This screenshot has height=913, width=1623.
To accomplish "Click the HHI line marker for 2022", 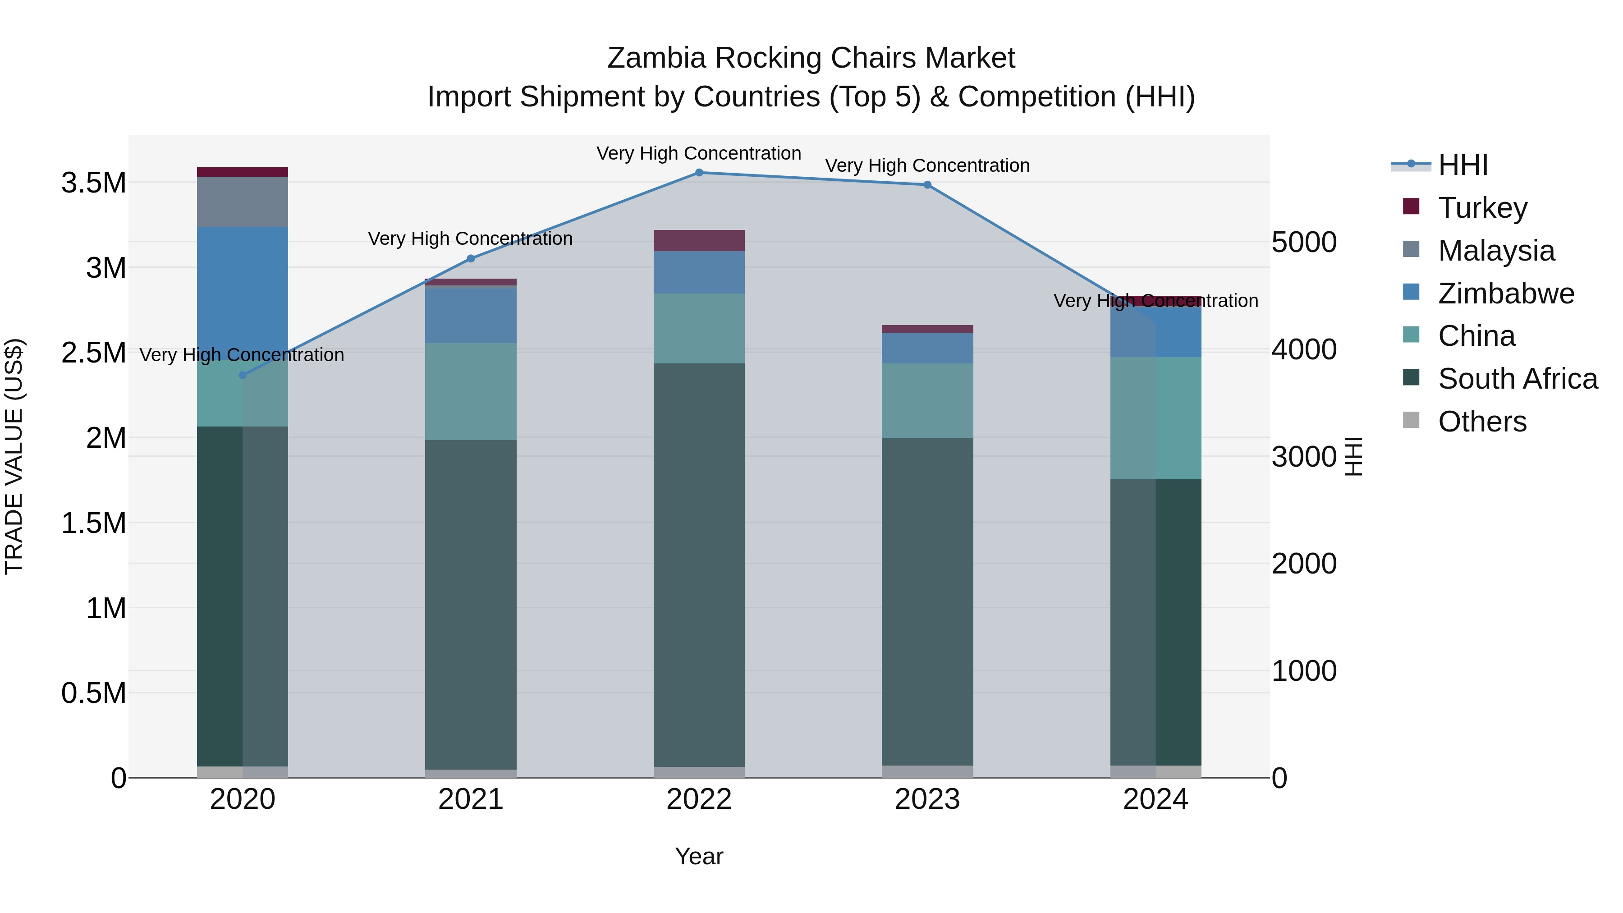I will click(x=699, y=172).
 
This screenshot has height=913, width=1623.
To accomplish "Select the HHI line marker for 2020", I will click(x=243, y=375).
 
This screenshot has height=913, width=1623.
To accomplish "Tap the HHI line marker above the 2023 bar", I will click(x=927, y=184).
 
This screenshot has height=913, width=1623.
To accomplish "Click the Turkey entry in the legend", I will click(x=1482, y=207).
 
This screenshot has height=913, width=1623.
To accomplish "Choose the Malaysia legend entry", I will click(x=1496, y=250).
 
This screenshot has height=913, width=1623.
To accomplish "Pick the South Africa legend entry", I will click(x=1517, y=379).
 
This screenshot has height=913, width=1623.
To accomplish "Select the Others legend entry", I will click(x=1482, y=422).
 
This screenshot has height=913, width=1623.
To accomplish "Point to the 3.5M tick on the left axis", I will click(x=93, y=183).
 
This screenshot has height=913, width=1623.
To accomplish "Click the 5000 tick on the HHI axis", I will click(x=1303, y=242).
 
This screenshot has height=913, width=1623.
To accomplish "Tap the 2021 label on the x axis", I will click(x=471, y=799).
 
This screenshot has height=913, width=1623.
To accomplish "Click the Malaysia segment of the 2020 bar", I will click(x=243, y=202).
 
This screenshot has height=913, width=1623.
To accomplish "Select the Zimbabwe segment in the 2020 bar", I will click(x=243, y=290).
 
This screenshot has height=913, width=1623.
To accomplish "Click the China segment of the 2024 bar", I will click(x=1155, y=418).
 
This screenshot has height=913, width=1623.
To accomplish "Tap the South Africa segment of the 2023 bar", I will click(x=927, y=602).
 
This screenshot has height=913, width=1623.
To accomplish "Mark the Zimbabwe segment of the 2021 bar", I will click(x=471, y=314).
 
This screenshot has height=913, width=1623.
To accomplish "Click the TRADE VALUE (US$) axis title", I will click(x=14, y=456).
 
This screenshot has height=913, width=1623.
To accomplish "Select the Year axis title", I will click(x=699, y=856).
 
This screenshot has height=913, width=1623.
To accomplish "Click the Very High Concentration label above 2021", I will click(x=470, y=239).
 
